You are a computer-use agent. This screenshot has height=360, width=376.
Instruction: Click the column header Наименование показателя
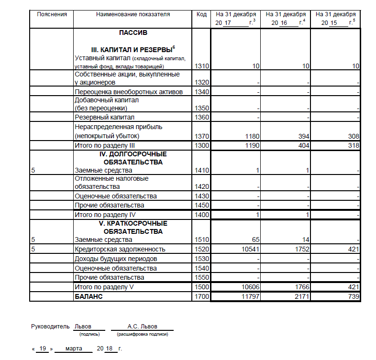coord(133,14)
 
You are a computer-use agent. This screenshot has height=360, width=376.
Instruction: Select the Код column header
coord(201,14)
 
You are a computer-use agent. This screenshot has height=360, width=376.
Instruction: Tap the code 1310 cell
coord(201,66)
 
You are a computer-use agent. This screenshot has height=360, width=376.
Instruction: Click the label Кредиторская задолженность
coord(120,249)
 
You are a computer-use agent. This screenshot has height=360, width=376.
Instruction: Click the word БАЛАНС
coord(89,297)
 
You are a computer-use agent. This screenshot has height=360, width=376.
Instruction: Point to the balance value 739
coord(353,297)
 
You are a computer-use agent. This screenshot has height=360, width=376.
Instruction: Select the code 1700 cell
coord(201,297)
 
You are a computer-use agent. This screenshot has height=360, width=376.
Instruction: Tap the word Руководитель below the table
coord(50,327)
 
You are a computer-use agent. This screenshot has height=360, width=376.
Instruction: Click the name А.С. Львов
coord(142,327)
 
